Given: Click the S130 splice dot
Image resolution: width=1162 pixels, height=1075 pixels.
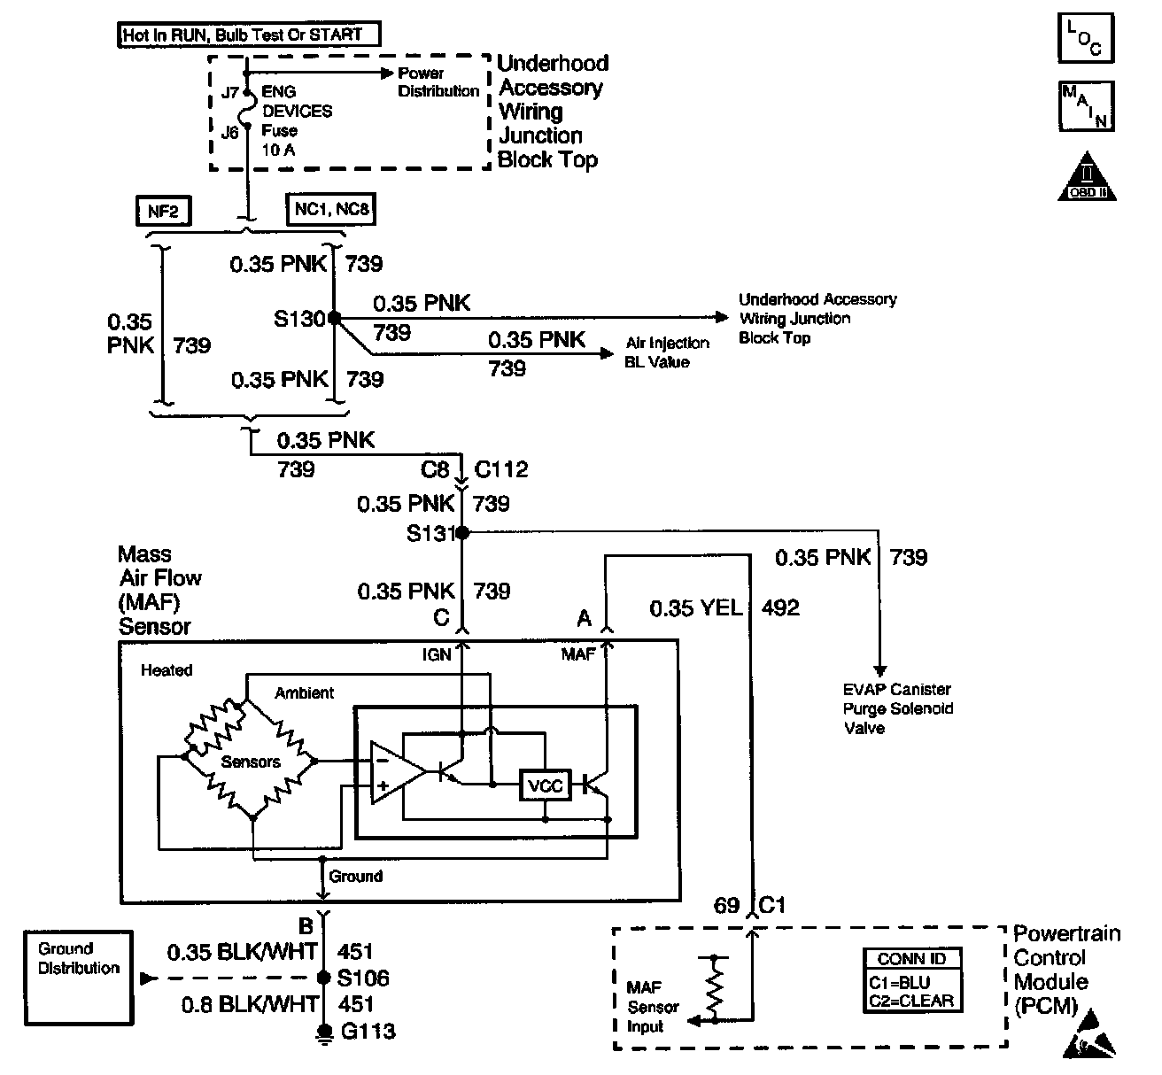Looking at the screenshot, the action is pyautogui.click(x=334, y=318).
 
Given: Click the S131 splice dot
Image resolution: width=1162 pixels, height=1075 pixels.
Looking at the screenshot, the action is pyautogui.click(x=462, y=532).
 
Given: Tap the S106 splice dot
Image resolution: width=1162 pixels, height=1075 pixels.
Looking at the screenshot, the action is pyautogui.click(x=323, y=978).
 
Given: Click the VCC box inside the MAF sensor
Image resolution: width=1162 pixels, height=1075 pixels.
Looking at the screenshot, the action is pyautogui.click(x=546, y=785).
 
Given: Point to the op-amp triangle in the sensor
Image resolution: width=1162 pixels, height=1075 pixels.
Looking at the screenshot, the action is pyautogui.click(x=398, y=772).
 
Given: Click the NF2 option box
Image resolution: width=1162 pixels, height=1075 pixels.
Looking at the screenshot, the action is pyautogui.click(x=163, y=211).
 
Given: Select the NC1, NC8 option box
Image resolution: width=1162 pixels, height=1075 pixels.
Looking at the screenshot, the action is pyautogui.click(x=331, y=209).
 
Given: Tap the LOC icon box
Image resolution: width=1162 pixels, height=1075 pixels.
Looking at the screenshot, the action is pyautogui.click(x=1086, y=38).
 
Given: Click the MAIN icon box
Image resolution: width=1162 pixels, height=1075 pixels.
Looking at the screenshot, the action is pyautogui.click(x=1087, y=106).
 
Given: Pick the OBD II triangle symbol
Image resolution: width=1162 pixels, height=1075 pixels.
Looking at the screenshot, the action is pyautogui.click(x=1087, y=177).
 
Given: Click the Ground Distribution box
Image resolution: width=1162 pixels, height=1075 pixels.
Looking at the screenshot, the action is pyautogui.click(x=79, y=978).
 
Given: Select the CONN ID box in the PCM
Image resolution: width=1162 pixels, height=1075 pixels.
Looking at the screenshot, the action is pyautogui.click(x=913, y=980).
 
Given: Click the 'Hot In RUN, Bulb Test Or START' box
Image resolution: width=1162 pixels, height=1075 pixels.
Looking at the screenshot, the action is pyautogui.click(x=249, y=35).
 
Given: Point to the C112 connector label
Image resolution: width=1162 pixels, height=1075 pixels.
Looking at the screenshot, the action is pyautogui.click(x=501, y=468).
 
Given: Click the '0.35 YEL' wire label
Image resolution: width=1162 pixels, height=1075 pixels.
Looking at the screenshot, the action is pyautogui.click(x=695, y=608).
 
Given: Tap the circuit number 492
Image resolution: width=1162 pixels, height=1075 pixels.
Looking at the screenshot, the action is pyautogui.click(x=780, y=608).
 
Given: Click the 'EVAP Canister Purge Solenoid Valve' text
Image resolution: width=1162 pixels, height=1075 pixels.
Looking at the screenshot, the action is pyautogui.click(x=897, y=708).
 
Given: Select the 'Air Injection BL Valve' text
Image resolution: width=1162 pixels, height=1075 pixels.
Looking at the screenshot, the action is pyautogui.click(x=667, y=352).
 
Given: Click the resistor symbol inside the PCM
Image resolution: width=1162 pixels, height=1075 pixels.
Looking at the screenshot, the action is pyautogui.click(x=715, y=989).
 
